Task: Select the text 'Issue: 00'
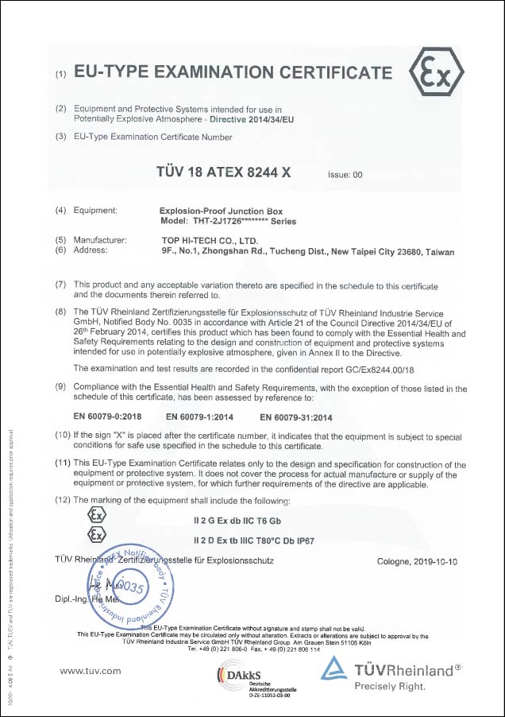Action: (x=345, y=175)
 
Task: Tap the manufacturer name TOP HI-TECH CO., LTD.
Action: (x=209, y=239)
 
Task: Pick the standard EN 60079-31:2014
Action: (x=296, y=415)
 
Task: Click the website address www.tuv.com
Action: (x=91, y=671)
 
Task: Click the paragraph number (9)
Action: (x=60, y=388)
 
